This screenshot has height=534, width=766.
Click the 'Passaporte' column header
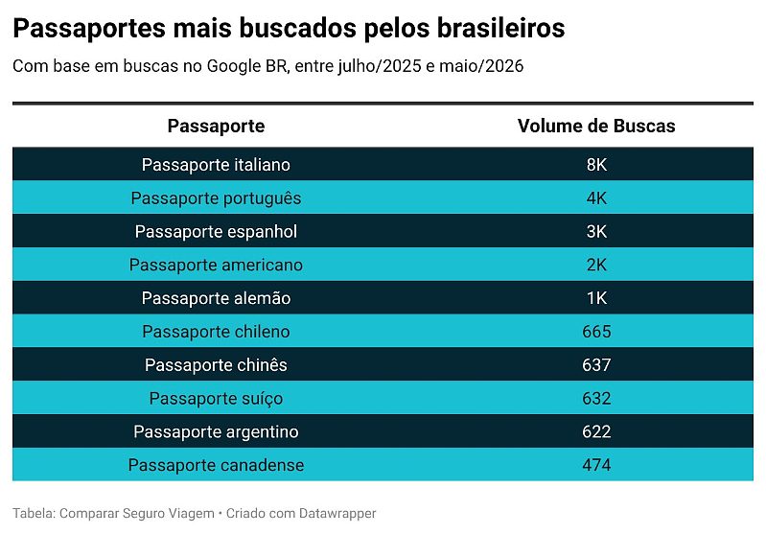[216, 126]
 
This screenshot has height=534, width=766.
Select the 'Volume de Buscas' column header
[596, 126]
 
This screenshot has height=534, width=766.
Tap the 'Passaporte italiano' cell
[216, 165]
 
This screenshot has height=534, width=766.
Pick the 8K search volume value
[596, 165]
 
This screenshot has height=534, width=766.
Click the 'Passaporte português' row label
[216, 198]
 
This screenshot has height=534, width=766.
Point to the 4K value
[596, 198]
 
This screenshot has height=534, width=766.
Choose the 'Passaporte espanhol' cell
[216, 232]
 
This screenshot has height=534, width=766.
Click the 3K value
[596, 232]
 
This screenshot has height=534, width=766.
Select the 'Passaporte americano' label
[216, 265]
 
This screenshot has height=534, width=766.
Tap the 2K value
[596, 265]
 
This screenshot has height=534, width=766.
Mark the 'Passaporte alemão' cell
[216, 298]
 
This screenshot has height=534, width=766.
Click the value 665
[596, 332]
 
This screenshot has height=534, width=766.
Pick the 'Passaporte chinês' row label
[216, 365]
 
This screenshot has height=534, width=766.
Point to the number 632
[596, 398]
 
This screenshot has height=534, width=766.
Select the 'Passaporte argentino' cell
[216, 431]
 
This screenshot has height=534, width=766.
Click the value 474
[596, 465]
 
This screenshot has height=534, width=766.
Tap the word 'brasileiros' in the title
[500, 28]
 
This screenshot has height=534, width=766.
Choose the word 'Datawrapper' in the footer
[337, 514]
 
